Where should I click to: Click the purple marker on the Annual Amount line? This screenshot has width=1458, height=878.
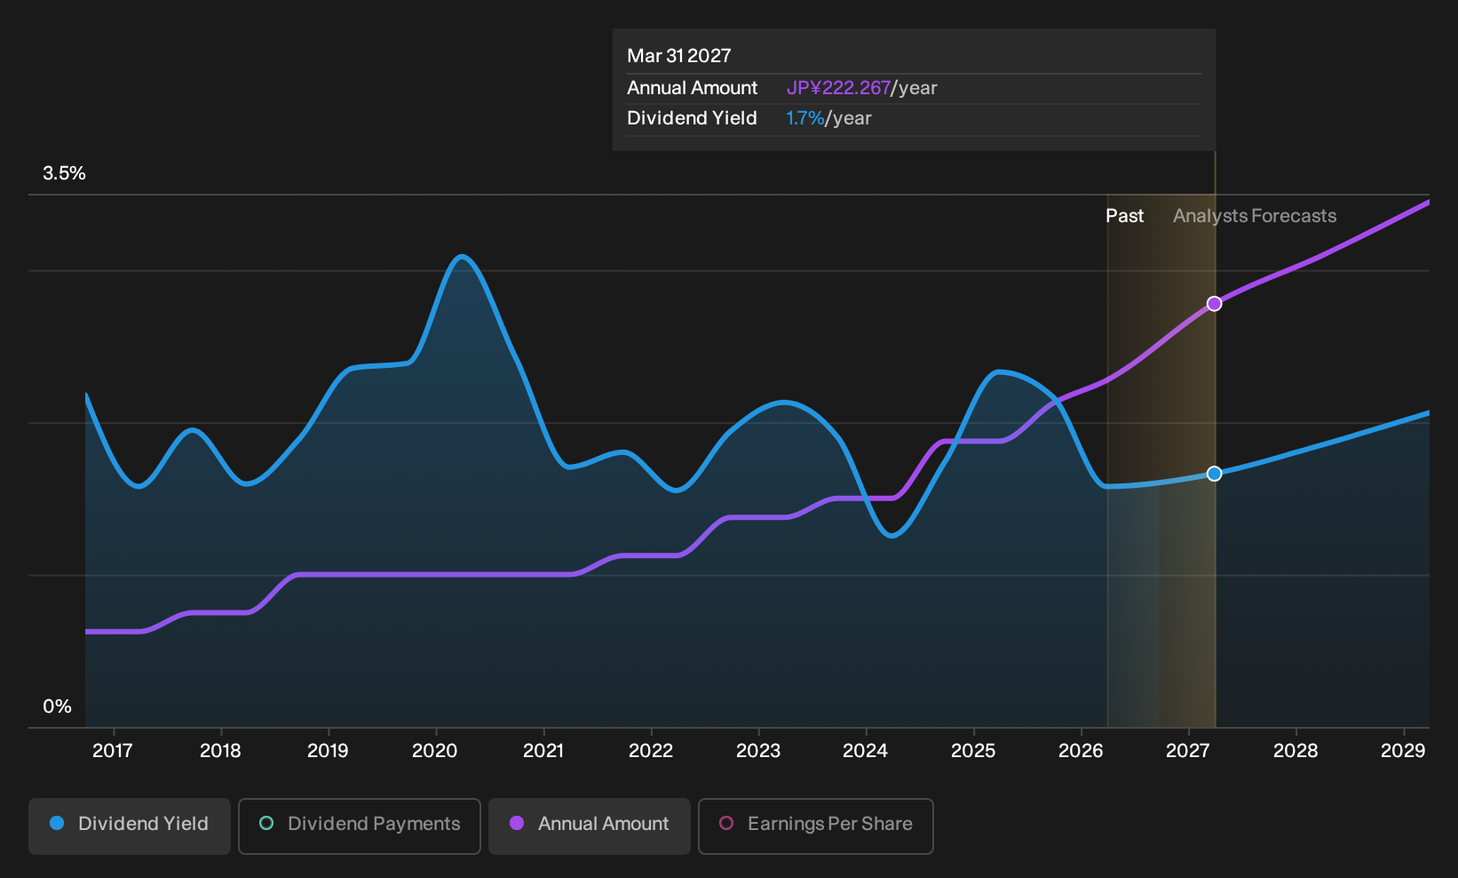tap(1214, 304)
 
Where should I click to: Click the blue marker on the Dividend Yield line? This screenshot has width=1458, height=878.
tap(1214, 474)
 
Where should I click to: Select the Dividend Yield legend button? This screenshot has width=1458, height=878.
tap(130, 826)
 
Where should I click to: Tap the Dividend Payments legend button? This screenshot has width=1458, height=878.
tap(360, 826)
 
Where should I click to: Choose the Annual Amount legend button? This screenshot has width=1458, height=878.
tap(589, 826)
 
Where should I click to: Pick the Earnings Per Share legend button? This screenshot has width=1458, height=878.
tap(815, 826)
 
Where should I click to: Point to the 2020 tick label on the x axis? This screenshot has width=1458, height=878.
tap(435, 750)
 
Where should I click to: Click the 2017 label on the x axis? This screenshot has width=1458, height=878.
tap(113, 750)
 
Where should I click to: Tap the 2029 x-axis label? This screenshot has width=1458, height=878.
tap(1403, 750)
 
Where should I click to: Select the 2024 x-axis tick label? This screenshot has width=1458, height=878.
tap(865, 750)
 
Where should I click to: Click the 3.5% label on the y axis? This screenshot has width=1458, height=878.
tap(64, 173)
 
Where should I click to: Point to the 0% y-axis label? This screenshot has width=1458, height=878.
tap(57, 706)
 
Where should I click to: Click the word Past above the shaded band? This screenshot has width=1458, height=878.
tap(1125, 216)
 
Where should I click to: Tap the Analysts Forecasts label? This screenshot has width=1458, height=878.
tap(1255, 216)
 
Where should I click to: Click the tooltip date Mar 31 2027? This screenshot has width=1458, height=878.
tap(679, 55)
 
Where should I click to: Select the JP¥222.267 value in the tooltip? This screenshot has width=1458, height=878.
tap(838, 87)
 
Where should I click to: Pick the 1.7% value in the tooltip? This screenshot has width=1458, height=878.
tap(805, 118)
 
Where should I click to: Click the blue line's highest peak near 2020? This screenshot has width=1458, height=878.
tap(462, 257)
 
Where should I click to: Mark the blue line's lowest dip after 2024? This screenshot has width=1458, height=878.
tap(891, 535)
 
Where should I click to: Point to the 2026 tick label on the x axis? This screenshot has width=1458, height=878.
tap(1081, 750)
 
